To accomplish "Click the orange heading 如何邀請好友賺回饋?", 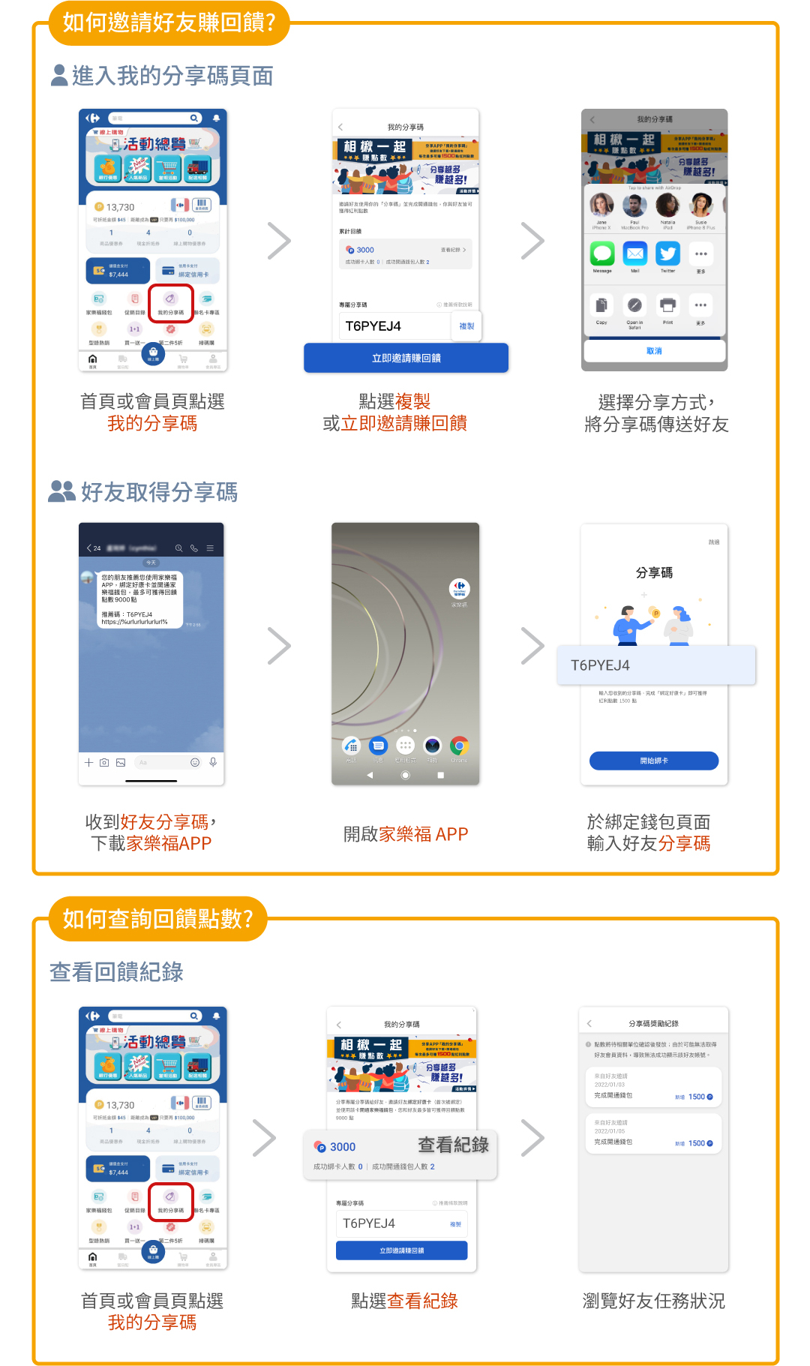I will coord(169,23).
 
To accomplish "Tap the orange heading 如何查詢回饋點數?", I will coord(157,918).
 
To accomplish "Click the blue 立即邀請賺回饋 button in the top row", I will coord(406,358).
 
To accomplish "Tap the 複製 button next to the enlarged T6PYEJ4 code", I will coord(466,326).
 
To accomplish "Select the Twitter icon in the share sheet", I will coord(667,254).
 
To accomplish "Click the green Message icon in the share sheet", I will coord(602,254).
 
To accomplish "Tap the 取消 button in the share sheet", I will coord(654,350).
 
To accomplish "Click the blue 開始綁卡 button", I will coord(654,761).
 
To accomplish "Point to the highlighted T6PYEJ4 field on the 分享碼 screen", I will coord(655,665).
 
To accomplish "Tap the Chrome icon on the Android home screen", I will coord(459,746).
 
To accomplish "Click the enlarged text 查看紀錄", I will coord(453,1145).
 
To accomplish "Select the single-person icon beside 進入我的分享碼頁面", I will coord(59,75).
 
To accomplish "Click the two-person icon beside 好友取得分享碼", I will coord(61,491).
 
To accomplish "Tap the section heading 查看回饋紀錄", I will coord(116,971).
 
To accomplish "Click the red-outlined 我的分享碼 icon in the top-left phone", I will coord(170,302).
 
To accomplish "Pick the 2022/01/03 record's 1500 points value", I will coord(697,1097).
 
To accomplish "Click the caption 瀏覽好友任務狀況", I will coord(653,1301).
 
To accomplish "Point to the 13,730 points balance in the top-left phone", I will coord(119,207).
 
